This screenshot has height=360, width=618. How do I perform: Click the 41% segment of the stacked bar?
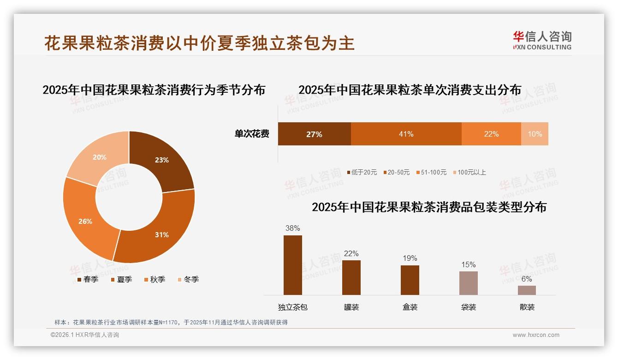click(406, 134)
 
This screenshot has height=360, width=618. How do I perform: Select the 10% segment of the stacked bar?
click(535, 134)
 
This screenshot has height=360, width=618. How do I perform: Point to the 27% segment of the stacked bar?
click(314, 134)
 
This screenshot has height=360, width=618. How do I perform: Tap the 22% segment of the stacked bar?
click(491, 134)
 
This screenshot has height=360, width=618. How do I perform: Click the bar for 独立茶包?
click(293, 265)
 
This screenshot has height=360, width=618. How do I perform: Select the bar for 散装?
click(527, 290)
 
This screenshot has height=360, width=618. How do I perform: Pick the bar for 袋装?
click(468, 283)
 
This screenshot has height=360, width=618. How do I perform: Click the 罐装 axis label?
click(351, 307)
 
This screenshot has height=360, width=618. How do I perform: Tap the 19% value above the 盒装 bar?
click(410, 258)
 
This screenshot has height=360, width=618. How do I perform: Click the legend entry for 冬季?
click(188, 279)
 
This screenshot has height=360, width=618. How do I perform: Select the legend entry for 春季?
click(88, 279)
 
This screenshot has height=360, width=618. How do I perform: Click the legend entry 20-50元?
click(396, 172)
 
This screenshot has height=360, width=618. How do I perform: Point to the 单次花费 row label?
click(252, 134)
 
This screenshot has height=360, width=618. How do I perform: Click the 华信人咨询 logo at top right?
click(542, 40)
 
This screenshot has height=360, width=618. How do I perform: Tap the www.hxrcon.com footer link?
click(536, 335)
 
